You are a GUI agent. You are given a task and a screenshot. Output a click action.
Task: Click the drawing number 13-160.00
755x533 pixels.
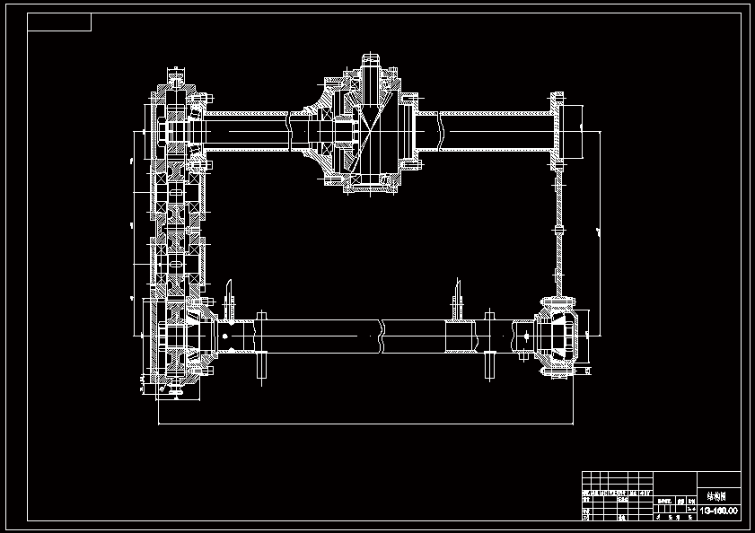[x=718, y=511]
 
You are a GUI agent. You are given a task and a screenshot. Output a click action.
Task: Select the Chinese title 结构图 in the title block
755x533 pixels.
[x=717, y=495]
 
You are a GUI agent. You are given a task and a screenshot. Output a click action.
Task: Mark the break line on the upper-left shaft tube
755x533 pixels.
[x=289, y=131]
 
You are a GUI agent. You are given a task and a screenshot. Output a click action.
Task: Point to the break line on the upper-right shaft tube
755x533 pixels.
[x=441, y=131]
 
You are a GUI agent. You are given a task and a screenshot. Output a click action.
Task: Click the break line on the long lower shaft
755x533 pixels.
[x=382, y=336]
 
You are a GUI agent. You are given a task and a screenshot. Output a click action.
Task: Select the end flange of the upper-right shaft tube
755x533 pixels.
[x=557, y=129]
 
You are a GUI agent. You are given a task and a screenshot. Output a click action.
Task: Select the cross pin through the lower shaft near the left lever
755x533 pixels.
[x=262, y=344]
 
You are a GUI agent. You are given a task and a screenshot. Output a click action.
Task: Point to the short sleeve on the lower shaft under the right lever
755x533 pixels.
[x=461, y=336]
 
